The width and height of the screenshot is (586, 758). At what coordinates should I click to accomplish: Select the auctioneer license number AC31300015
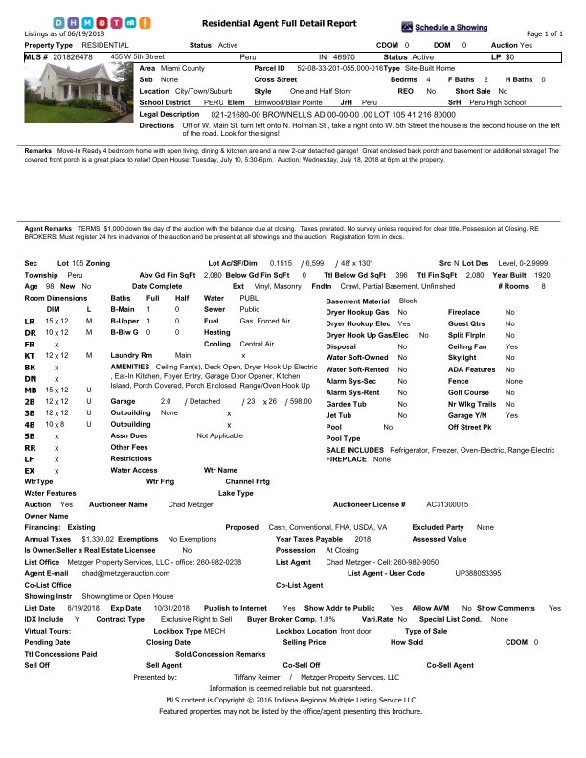coord(447,503)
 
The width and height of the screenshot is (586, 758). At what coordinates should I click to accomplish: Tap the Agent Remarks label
coord(47,228)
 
